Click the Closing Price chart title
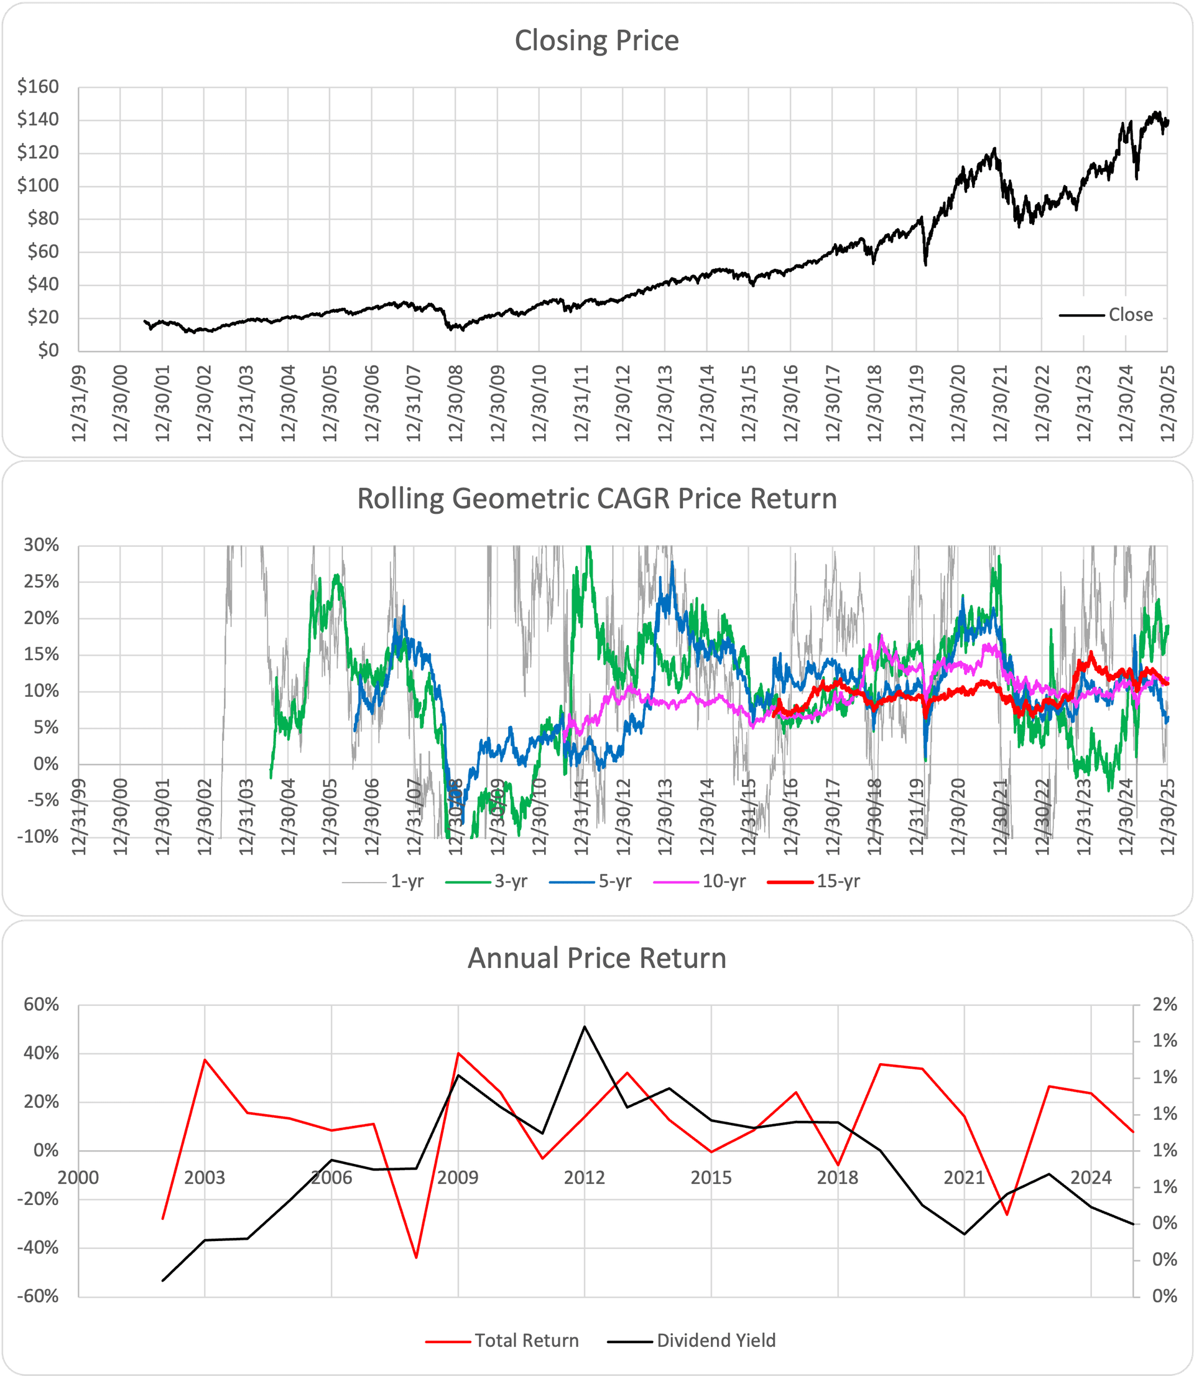[x=596, y=40]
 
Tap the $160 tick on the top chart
[x=38, y=86]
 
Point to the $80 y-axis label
[x=43, y=218]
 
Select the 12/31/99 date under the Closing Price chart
[x=80, y=403]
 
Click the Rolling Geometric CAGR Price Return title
[x=596, y=499]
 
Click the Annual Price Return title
[x=596, y=958]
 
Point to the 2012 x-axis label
[x=585, y=1178]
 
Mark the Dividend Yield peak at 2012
[x=585, y=1026]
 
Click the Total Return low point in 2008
[x=417, y=1257]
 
